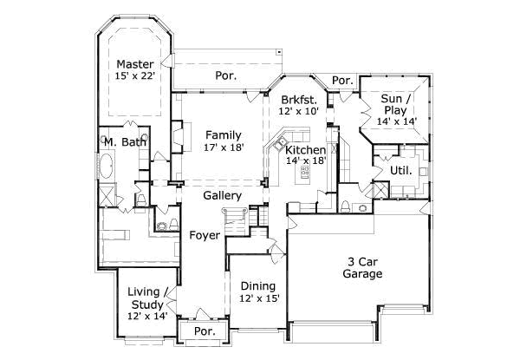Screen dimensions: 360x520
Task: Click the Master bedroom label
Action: [135, 64]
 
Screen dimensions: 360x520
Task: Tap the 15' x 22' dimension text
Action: [135, 76]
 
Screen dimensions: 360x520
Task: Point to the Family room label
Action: [223, 134]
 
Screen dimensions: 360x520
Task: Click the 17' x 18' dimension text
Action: [223, 147]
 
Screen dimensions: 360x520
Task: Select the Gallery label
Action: [222, 196]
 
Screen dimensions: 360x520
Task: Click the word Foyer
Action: [205, 235]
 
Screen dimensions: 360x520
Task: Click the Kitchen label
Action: [305, 150]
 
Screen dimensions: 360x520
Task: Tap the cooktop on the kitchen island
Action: [305, 173]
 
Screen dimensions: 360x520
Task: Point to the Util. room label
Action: [400, 170]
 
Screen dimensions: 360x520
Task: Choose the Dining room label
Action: [258, 286]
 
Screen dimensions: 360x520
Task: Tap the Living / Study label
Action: [145, 298]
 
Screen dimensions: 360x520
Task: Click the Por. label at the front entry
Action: [204, 331]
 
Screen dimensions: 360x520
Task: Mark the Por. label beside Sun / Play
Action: [342, 81]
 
